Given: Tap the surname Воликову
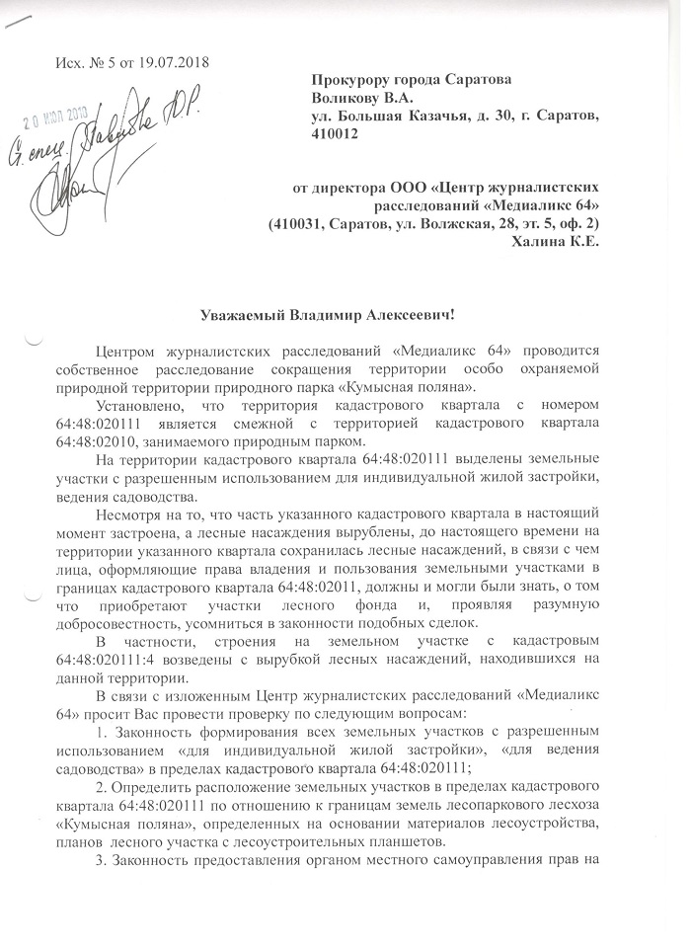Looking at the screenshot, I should tap(349, 97).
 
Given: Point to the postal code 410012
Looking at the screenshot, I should tap(336, 134).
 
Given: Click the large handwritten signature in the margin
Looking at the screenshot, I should tap(69, 188).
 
